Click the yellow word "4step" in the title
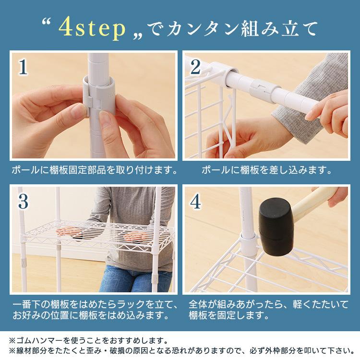[92, 28]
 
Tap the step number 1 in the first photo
[23, 67]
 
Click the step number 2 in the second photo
[195, 67]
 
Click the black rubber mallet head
[276, 227]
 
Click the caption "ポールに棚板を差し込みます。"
[266, 170]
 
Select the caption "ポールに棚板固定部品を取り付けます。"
[95, 170]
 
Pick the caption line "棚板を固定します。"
[228, 315]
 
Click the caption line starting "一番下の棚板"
[95, 305]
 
